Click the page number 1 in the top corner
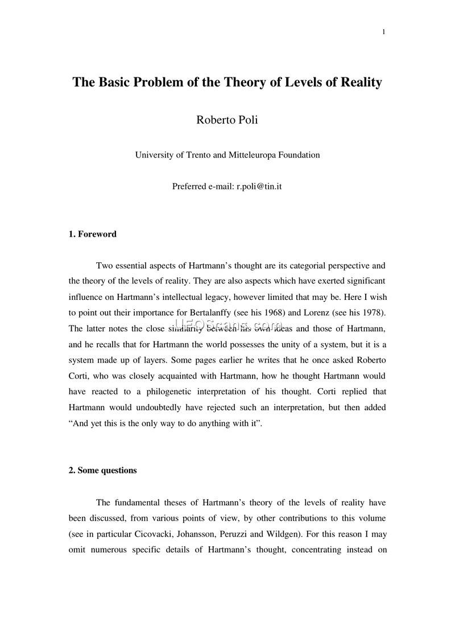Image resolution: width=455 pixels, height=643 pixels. [384, 31]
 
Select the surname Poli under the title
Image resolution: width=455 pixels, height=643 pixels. [245, 119]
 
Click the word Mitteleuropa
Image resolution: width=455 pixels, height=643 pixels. [253, 155]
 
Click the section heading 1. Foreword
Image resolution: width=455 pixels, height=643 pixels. [92, 234]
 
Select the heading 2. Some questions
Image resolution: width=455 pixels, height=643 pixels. [102, 471]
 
